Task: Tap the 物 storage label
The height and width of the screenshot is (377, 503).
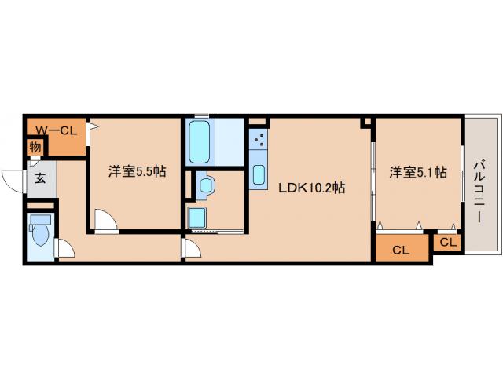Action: tap(35, 147)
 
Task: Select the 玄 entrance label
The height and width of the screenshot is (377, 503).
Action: tap(39, 177)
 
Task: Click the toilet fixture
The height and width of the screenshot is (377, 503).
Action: tap(39, 233)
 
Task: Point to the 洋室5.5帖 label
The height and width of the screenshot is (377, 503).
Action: tap(137, 171)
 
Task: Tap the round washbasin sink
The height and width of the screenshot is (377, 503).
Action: tap(206, 185)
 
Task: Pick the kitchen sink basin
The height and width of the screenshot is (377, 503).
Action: tap(259, 174)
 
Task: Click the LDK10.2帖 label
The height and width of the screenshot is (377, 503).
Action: tap(310, 188)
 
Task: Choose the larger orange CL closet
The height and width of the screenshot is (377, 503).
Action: tap(401, 251)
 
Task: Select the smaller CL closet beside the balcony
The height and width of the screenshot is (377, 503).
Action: tap(447, 243)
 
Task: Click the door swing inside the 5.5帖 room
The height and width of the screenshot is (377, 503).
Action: tap(105, 221)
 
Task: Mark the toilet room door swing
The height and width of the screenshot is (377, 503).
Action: tap(65, 249)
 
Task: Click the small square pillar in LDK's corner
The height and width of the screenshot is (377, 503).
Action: tap(365, 123)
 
